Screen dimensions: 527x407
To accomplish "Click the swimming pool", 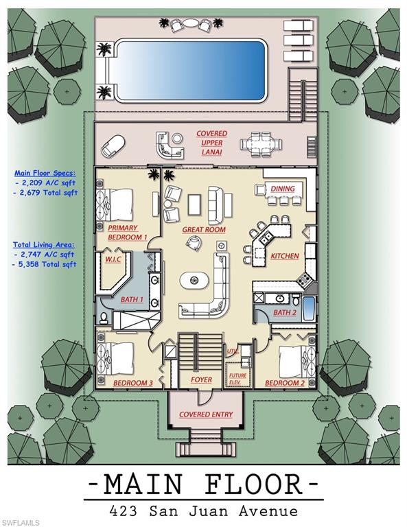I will pyautogui.click(x=189, y=69).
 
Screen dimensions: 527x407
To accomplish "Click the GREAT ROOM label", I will pyautogui.click(x=204, y=230).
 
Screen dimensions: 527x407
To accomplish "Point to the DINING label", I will pyautogui.click(x=282, y=189).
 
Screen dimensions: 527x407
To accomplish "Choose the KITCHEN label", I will pyautogui.click(x=284, y=256).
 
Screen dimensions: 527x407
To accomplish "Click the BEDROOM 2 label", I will pyautogui.click(x=284, y=382).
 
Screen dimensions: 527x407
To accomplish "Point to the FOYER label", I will pyautogui.click(x=201, y=379).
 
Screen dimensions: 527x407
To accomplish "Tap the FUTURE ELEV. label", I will pyautogui.click(x=237, y=378).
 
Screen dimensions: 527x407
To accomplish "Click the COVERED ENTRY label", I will pyautogui.click(x=206, y=414).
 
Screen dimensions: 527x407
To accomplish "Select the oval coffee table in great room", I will pyautogui.click(x=196, y=281).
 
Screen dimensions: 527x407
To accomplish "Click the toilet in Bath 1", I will pyautogui.click(x=104, y=318).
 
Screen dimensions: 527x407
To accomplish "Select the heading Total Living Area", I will pyautogui.click(x=44, y=244).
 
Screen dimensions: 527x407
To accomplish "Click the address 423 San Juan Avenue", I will pyautogui.click(x=203, y=511).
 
